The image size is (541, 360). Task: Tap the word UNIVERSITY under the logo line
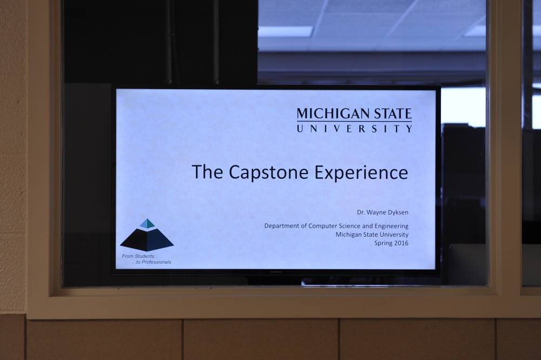(354, 129)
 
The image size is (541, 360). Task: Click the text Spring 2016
(391, 243)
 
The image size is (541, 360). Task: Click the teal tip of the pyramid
(147, 223)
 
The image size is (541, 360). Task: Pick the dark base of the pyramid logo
(147, 240)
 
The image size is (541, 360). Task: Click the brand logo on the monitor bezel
(276, 271)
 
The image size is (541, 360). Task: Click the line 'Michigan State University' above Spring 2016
(372, 235)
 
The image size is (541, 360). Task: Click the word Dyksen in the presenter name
(398, 211)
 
